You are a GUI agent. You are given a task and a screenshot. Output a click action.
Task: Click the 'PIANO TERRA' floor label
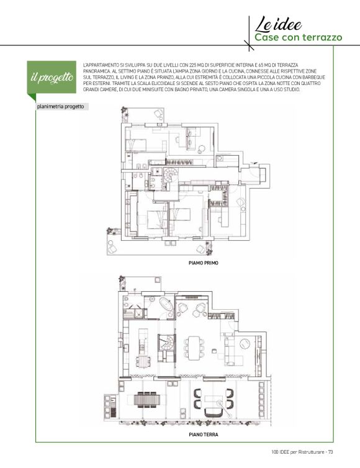[x=204, y=434]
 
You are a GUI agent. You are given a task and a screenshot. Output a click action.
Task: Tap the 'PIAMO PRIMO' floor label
[x=204, y=263]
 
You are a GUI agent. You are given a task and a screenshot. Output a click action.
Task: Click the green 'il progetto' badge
[x=52, y=78]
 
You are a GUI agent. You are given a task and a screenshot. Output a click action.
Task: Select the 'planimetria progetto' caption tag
[x=61, y=107]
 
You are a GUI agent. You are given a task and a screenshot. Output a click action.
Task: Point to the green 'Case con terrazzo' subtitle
[x=298, y=38]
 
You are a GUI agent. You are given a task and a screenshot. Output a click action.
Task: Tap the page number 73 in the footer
[x=330, y=452]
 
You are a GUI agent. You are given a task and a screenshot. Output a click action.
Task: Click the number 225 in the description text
[x=193, y=65]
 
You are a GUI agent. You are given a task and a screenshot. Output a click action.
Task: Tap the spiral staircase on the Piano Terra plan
[x=166, y=343]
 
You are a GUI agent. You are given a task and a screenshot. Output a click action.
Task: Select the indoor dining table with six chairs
[x=195, y=347]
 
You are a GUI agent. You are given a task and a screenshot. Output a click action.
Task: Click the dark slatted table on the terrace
[x=146, y=399]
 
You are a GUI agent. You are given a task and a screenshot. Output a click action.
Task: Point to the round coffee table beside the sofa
[x=245, y=343]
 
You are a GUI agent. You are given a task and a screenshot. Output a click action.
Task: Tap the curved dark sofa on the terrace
[x=213, y=413]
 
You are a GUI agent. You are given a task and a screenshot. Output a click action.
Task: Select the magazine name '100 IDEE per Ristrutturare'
[x=297, y=452]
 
